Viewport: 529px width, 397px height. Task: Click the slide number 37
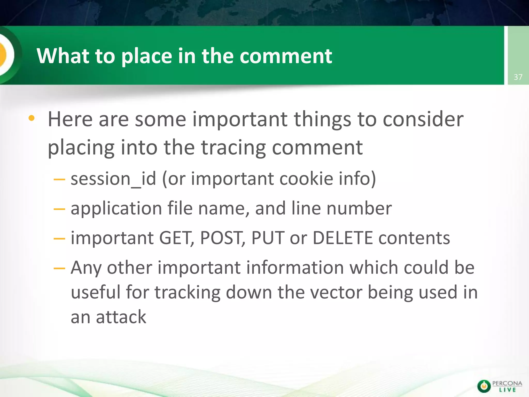tap(518, 77)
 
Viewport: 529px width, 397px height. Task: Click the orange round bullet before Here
tap(32, 118)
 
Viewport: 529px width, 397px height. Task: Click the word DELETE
tap(343, 238)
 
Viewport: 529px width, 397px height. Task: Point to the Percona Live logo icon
tap(484, 386)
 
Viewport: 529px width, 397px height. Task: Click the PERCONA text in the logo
tap(507, 383)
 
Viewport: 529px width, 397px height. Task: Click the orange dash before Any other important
tap(59, 268)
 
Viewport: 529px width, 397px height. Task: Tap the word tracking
tap(188, 293)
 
